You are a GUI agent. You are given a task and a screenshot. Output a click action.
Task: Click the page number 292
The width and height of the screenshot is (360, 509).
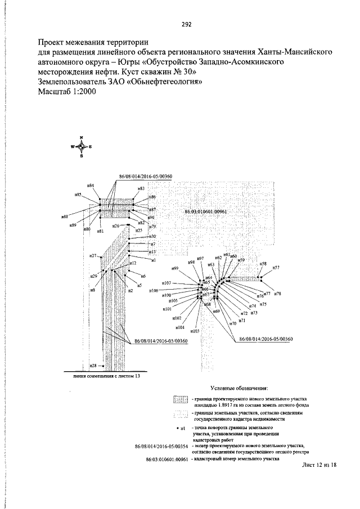[187, 24]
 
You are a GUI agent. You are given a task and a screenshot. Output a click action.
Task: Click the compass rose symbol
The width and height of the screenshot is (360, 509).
[82, 147]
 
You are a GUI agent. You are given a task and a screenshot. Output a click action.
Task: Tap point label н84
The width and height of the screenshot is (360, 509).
[91, 186]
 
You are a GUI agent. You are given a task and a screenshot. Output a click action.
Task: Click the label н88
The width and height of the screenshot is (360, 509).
[65, 216]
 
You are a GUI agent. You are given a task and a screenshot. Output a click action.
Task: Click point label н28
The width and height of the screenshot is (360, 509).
[93, 366]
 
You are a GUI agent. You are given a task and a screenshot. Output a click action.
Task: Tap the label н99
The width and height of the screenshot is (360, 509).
[175, 269]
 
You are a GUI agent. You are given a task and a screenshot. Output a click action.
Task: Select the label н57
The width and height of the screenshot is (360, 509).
[276, 268]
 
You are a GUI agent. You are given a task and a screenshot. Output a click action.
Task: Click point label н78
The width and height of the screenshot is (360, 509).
[278, 294]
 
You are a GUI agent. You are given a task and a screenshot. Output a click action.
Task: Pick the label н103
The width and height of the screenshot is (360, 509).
[195, 331]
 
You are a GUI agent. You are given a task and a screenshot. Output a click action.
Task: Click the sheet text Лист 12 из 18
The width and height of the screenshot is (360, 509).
[319, 465]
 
